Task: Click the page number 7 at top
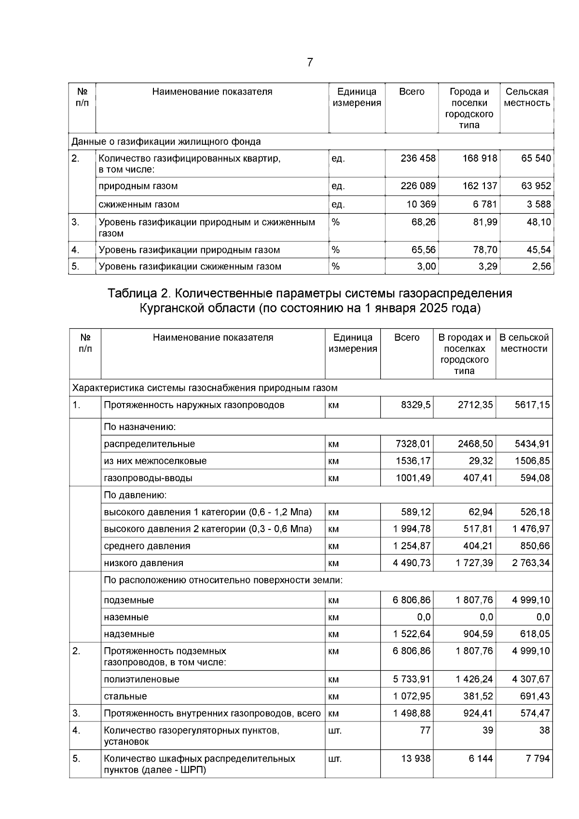pos(310,62)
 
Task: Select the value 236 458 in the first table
pos(418,158)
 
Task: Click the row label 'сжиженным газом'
pos(139,204)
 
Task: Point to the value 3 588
pos(538,204)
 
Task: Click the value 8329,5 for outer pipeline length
pos(415,405)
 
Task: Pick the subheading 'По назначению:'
pos(140,427)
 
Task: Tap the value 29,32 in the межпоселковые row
pos(481,461)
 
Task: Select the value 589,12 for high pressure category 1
pos(415,512)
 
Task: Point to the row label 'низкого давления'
pos(143,563)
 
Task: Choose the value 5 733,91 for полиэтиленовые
pos(412,679)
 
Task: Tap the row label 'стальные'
pos(125,696)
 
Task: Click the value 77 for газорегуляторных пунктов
pos(425,730)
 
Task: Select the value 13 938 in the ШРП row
pos(415,759)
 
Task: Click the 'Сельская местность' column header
pos(527,97)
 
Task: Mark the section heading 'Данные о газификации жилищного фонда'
pos(166,142)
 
